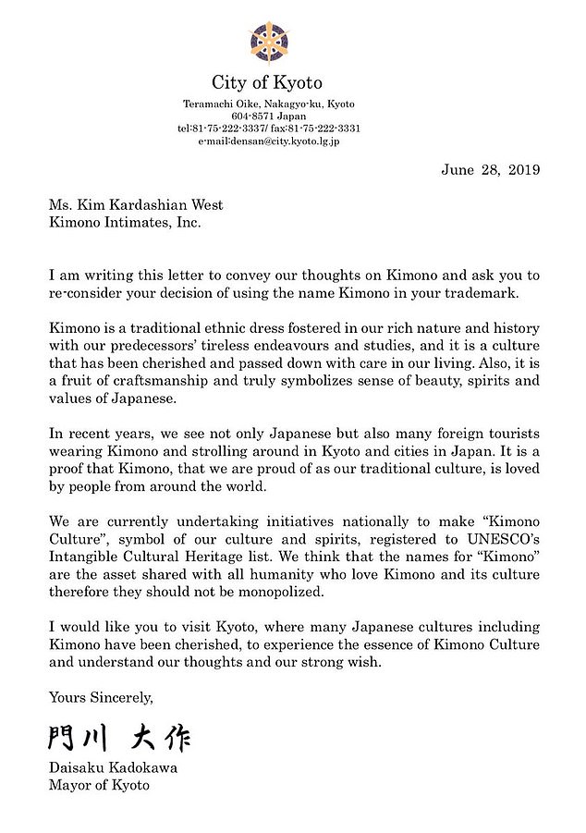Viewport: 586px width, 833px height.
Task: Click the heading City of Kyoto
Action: [268, 82]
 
